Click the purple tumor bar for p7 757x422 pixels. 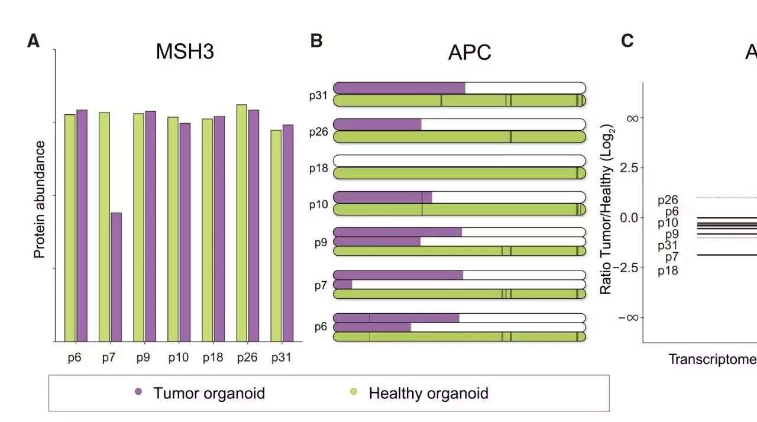[117, 277]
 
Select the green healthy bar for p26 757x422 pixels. [242, 223]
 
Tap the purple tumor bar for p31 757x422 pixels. [288, 233]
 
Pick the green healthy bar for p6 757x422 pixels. [70, 228]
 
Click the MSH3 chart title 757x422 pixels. [185, 51]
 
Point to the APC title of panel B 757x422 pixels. [470, 53]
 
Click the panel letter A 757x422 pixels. [33, 41]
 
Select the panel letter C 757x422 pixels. [627, 41]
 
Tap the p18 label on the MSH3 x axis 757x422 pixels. [213, 357]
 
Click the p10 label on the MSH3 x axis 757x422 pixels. [179, 357]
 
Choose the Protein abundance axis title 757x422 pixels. [39, 199]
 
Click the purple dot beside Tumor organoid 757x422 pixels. [138, 392]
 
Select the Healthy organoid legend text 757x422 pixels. [429, 393]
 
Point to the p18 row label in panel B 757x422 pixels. [318, 167]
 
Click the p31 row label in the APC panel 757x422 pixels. [318, 95]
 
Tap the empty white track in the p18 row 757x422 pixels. [460, 160]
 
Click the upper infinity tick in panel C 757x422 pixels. [632, 118]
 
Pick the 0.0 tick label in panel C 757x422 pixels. [629, 218]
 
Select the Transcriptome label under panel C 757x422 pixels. [713, 359]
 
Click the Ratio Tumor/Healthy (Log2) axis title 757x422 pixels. [607, 210]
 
